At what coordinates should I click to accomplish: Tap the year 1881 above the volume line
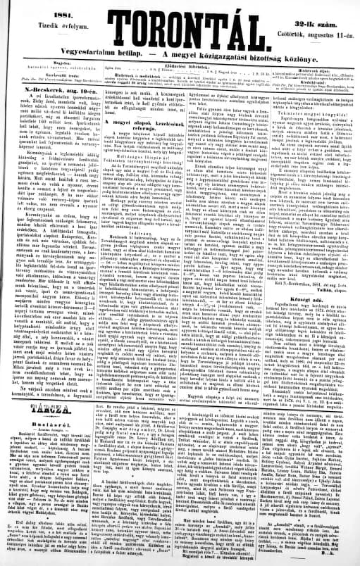point(42,8)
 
